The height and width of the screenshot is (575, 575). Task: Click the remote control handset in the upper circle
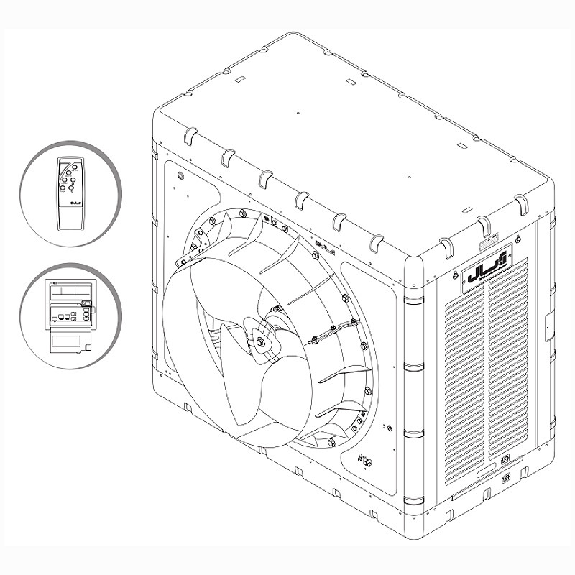tap(71, 192)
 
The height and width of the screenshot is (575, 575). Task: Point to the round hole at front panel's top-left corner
tap(179, 175)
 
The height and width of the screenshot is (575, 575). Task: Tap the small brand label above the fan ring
tap(321, 247)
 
